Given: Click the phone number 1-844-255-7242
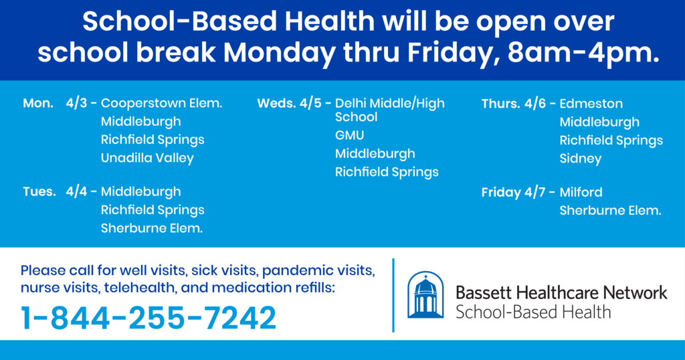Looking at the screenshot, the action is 149,318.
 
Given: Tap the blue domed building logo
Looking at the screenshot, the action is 425,295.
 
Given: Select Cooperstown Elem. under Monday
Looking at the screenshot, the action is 162,104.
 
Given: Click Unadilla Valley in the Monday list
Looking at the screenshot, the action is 147,158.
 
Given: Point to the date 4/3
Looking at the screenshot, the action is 76,104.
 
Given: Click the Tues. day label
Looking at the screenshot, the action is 39,192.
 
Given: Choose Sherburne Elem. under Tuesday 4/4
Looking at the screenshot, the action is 152,228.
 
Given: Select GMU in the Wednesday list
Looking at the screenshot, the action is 349,135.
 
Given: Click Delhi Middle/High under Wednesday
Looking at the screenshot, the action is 390,104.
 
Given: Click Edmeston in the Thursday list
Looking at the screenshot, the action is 591,104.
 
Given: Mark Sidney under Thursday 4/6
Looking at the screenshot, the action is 581,159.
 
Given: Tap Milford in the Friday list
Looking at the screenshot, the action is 581,192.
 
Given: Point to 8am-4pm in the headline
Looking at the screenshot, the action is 583,53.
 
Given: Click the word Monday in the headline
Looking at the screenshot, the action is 280,53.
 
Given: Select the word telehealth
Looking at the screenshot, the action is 140,288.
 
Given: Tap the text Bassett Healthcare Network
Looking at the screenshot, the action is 561,292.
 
